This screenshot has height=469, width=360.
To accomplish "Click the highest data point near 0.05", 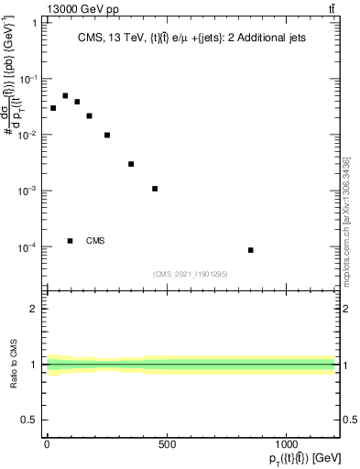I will [65, 95].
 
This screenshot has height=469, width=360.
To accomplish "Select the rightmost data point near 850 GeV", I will [250, 250].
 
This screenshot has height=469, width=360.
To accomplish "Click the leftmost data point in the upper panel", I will [53, 108].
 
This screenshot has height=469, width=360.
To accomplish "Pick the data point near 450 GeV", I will [155, 189].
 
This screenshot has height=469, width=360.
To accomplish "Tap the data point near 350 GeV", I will [131, 164].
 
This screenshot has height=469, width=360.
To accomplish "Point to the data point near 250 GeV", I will [107, 135].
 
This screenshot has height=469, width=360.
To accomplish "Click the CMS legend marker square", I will [71, 241].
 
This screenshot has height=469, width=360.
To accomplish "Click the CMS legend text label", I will [95, 241].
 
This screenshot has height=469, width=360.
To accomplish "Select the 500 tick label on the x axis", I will [167, 444].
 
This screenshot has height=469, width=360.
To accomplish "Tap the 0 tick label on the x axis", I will [47, 444].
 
